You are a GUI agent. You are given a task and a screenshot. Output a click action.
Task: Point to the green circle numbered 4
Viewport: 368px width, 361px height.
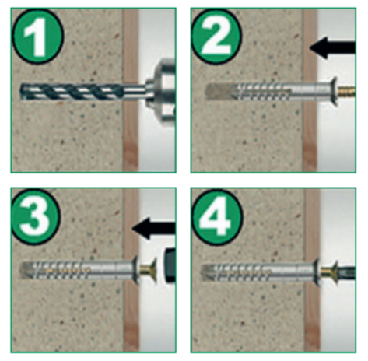point(217,216)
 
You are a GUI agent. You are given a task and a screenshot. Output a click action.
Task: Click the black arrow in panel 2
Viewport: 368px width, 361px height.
point(332,47)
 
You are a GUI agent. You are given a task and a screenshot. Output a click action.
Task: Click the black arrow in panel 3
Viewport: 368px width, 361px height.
point(154,228)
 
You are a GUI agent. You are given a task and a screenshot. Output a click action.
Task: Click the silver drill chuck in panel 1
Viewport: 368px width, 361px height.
point(161,92)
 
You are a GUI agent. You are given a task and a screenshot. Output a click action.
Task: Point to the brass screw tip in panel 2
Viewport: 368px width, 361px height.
point(346,92)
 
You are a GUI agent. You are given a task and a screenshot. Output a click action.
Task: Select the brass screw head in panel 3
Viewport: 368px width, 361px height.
point(149,271)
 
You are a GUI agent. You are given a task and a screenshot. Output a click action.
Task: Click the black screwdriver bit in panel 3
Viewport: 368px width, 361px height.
point(170,266)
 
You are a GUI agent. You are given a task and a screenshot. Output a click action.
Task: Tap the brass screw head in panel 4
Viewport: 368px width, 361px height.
point(329,272)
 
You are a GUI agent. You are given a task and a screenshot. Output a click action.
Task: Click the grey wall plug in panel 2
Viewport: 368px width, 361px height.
point(271,92)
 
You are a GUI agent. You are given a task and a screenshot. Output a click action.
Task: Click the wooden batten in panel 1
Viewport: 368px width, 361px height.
point(131,90)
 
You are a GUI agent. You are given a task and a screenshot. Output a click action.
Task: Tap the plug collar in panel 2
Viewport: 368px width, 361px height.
point(333,92)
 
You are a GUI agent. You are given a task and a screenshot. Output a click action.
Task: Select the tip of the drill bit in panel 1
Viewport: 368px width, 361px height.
point(21,92)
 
